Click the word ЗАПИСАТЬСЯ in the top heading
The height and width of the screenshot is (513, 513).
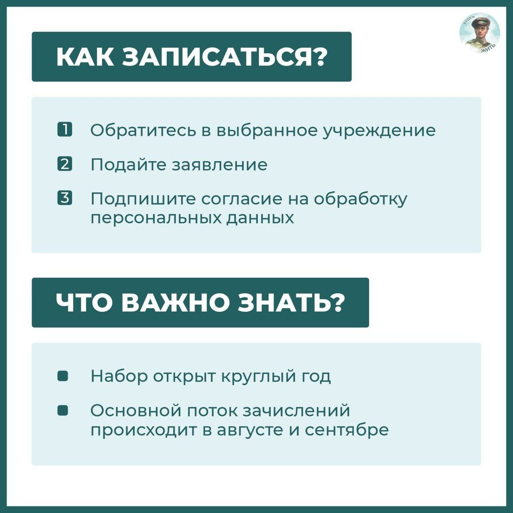220,57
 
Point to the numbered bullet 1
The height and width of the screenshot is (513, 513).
65,129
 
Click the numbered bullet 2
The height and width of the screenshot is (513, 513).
65,164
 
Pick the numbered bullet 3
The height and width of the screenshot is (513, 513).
65,198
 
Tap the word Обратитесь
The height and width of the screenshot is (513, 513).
143,130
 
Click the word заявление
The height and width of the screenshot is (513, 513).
219,165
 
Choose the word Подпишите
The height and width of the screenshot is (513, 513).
143,199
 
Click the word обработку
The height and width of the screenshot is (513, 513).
361,199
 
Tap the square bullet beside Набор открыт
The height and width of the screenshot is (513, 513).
63,376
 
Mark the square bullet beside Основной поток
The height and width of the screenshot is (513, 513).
63,410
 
